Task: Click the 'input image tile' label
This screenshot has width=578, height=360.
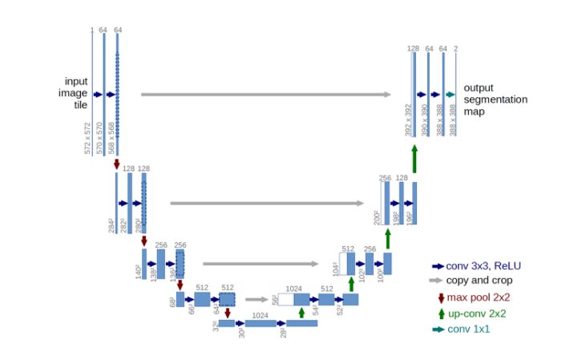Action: pyautogui.click(x=77, y=94)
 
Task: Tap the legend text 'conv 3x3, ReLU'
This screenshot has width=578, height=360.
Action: pyautogui.click(x=482, y=266)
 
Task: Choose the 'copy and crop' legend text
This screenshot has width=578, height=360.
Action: pyautogui.click(x=479, y=281)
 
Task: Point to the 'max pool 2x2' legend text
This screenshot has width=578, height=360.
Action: pyautogui.click(x=477, y=298)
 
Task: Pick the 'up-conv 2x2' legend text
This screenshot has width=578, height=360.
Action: pyautogui.click(x=476, y=314)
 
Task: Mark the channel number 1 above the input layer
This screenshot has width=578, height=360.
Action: pyautogui.click(x=92, y=30)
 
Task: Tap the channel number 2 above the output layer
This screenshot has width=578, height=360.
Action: pyautogui.click(x=455, y=49)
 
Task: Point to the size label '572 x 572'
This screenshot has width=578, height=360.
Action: pyautogui.click(x=88, y=138)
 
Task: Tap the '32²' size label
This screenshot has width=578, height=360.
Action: pyautogui.click(x=214, y=326)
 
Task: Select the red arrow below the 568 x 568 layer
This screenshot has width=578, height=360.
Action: pyautogui.click(x=117, y=164)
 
